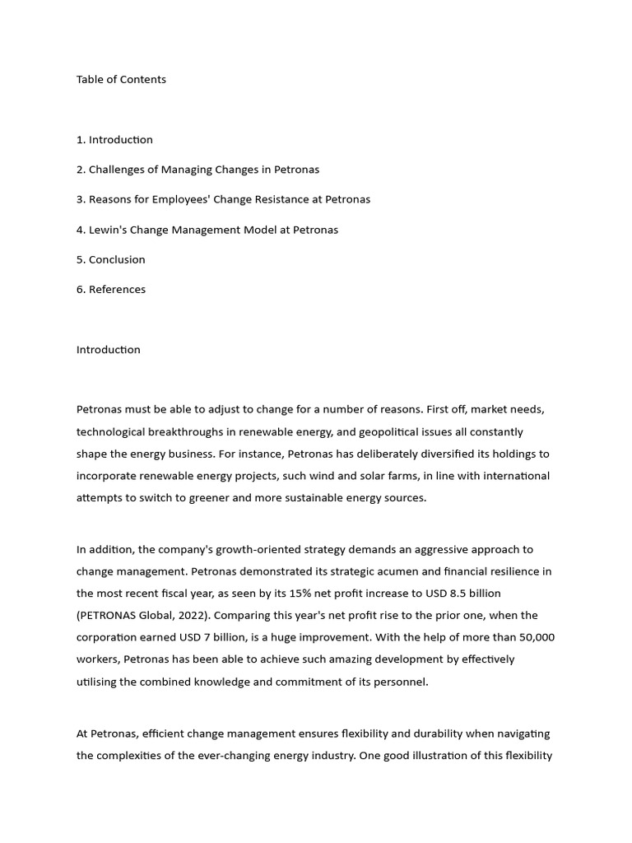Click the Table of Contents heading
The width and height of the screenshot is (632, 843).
pyautogui.click(x=121, y=79)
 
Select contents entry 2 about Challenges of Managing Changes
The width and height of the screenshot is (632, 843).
pyautogui.click(x=197, y=170)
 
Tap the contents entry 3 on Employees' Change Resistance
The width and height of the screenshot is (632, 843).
pyautogui.click(x=223, y=199)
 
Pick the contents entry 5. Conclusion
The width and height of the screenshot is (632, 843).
pyautogui.click(x=110, y=259)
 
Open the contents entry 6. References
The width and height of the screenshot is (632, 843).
pyautogui.click(x=110, y=289)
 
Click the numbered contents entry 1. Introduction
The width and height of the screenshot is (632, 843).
pyautogui.click(x=114, y=140)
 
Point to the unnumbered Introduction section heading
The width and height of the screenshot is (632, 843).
pyautogui.click(x=108, y=349)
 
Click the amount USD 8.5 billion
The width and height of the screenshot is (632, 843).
pyautogui.click(x=459, y=593)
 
